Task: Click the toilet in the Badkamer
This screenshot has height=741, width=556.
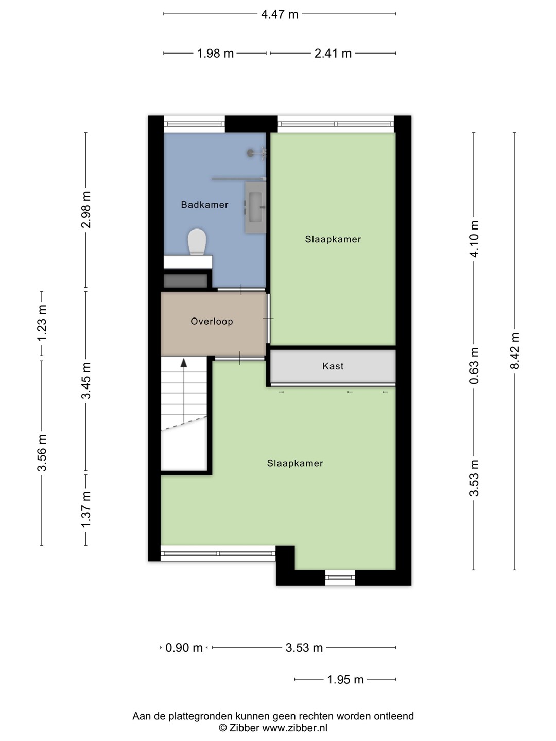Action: pyautogui.click(x=197, y=242)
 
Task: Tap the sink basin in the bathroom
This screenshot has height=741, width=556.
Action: pyautogui.click(x=255, y=207)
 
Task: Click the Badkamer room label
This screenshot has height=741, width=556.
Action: pyautogui.click(x=204, y=205)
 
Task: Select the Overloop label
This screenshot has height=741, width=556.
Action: pyautogui.click(x=212, y=321)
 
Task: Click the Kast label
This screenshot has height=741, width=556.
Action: pyautogui.click(x=333, y=366)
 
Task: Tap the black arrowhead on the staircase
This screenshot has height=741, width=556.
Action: pyautogui.click(x=184, y=363)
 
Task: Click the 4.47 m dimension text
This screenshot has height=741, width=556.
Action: pyautogui.click(x=280, y=14)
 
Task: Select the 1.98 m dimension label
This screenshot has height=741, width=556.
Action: pyautogui.click(x=215, y=54)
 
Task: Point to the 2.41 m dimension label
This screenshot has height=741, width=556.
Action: pyautogui.click(x=333, y=54)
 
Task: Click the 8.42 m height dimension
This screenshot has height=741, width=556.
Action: pyautogui.click(x=514, y=351)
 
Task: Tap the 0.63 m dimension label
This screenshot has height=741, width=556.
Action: pyautogui.click(x=474, y=365)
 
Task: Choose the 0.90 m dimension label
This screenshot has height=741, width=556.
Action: pyautogui.click(x=184, y=648)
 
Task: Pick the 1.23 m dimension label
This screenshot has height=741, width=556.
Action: pyautogui.click(x=42, y=323)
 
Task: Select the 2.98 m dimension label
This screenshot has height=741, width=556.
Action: pyautogui.click(x=86, y=210)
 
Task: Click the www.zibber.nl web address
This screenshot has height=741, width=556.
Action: pyautogui.click(x=294, y=728)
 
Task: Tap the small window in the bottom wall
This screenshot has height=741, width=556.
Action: pyautogui.click(x=340, y=577)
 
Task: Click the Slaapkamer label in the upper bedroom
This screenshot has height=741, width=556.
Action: pyautogui.click(x=333, y=239)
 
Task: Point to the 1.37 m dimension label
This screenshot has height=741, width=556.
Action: pyautogui.click(x=86, y=510)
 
